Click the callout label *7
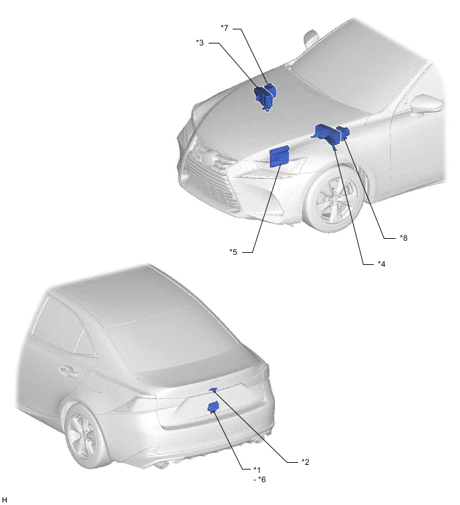pos(225,28)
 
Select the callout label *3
pos(200,43)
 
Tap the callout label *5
pos(233,252)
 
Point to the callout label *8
pos(404,237)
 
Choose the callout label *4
pos(382,264)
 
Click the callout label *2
pos(305,462)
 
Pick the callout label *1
pos(257,470)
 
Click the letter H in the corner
pos(4,500)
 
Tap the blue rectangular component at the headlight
pos(279,157)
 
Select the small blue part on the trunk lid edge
pos(213,390)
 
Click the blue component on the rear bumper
pos(213,407)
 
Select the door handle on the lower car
pos(69,371)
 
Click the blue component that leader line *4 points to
pos(326,135)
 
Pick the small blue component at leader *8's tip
pos(343,132)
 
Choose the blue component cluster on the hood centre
pos(265,96)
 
